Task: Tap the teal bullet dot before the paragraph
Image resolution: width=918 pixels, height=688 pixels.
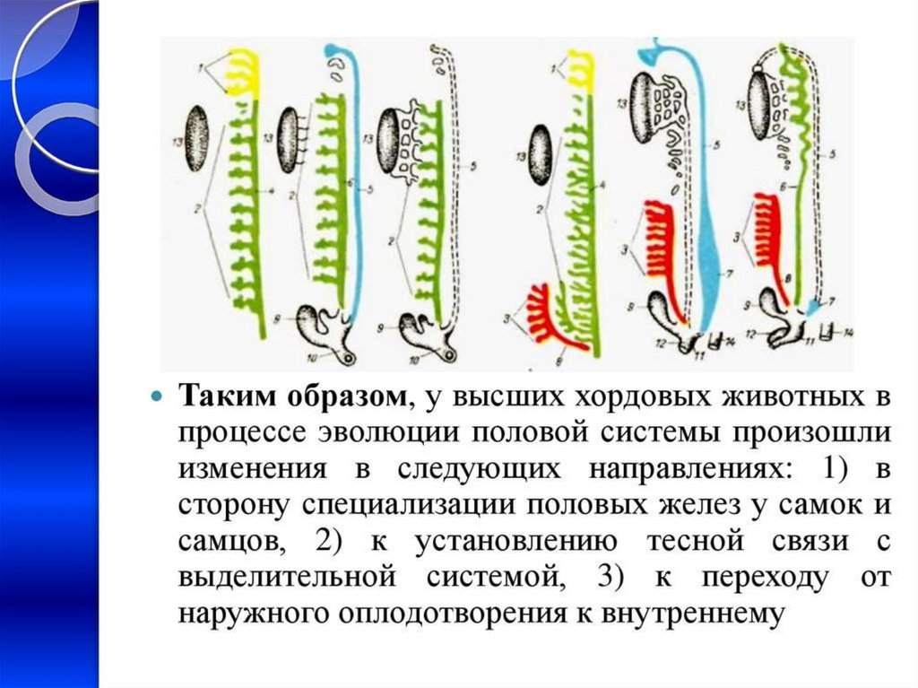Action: (x=156, y=396)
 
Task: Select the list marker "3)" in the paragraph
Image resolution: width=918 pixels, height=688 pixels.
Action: (x=606, y=577)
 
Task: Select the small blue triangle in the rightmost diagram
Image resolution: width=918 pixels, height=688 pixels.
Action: (x=812, y=308)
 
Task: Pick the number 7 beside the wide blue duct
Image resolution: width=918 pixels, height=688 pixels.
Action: (x=738, y=271)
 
